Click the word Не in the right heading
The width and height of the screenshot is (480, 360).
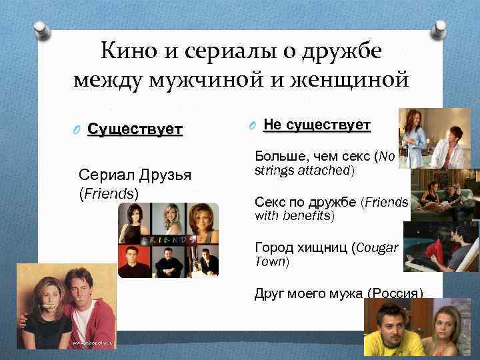(273, 125)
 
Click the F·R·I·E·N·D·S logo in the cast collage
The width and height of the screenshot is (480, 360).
(167, 239)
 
